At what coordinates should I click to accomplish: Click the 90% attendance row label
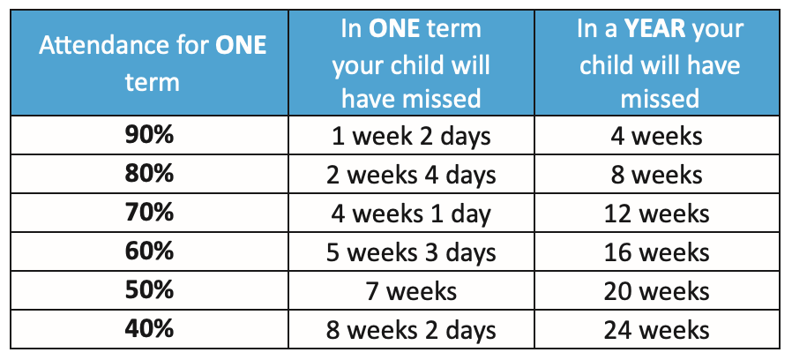pos(149,136)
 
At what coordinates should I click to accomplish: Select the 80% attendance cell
pos(149,174)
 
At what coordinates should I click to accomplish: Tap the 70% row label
pos(149,213)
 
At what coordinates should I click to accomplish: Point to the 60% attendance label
pos(149,251)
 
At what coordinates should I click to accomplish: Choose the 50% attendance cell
pos(149,290)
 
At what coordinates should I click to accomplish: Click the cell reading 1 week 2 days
pos(411,137)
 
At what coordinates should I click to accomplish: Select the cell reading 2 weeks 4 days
pos(411,176)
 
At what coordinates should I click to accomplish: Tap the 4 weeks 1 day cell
pos(411,214)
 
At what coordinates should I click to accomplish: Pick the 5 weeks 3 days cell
pos(411,253)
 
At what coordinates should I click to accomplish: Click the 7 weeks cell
pos(411,291)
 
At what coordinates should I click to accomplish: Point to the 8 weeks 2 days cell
pos(411,331)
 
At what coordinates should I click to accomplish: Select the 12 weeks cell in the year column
pos(657,214)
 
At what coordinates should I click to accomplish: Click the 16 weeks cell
pos(657,252)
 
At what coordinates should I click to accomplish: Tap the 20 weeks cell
pos(657,291)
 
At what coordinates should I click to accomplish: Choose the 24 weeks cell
pos(657,330)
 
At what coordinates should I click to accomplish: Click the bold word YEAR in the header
pos(654,30)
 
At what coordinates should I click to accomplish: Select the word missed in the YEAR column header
pos(659,99)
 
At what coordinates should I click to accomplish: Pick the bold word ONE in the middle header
pos(394,30)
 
